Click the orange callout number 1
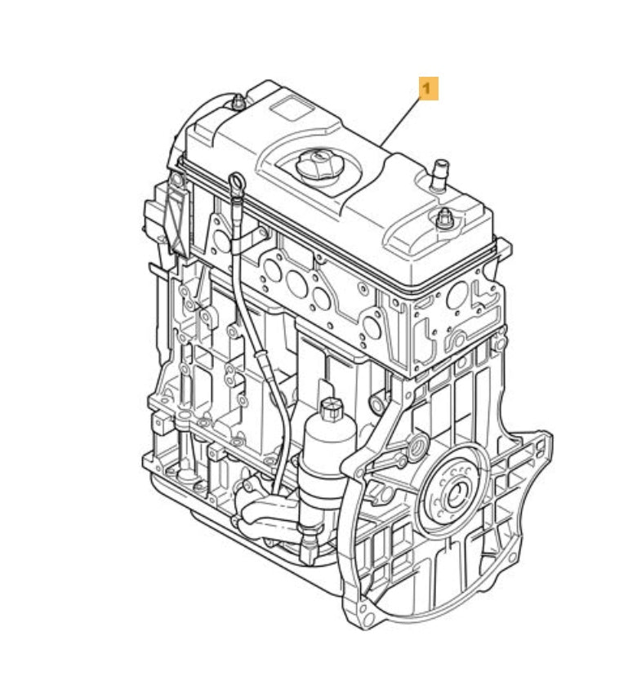(x=429, y=88)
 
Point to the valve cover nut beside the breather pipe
(x=444, y=219)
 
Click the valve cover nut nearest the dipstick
(x=238, y=103)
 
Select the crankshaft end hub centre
(x=456, y=495)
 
